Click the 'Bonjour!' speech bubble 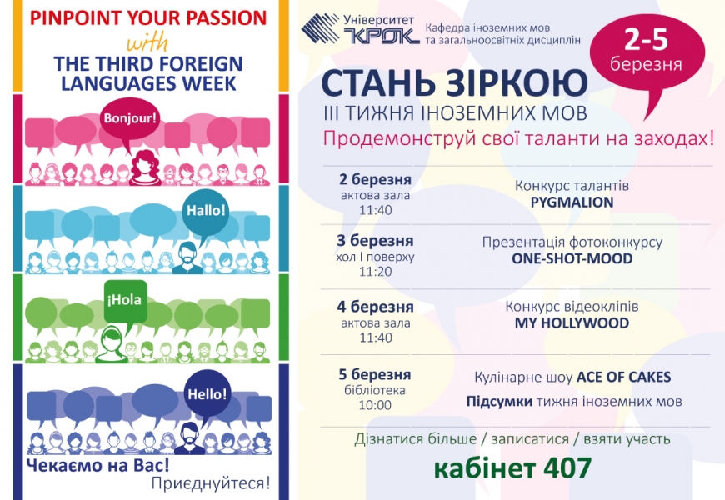coord(130,120)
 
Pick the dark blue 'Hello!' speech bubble coord(207,394)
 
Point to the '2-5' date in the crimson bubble coord(647,39)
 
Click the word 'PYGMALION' coord(572,202)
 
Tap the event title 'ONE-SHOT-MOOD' coord(572,258)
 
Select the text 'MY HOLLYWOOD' coord(572,322)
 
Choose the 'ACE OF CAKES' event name coord(623,377)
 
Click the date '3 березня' coord(375,241)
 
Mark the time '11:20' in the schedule coord(376,272)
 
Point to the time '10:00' coord(375,405)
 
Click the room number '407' coord(567,468)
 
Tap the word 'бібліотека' coord(375,390)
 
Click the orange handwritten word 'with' coord(147,43)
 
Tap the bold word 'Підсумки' coord(499,402)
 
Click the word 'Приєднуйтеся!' coord(210,483)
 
